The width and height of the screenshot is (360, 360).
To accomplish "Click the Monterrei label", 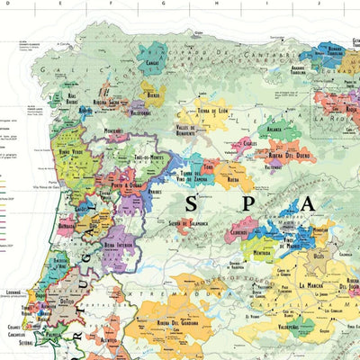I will tap(112, 131).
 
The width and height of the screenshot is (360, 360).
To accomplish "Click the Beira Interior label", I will tap(117, 245).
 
